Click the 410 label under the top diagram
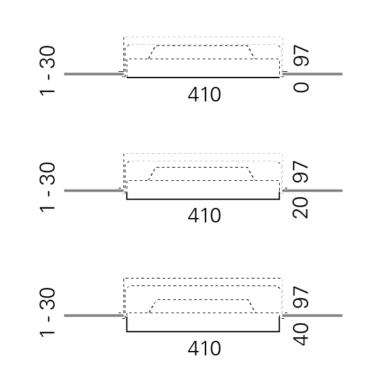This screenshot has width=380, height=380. [204, 95]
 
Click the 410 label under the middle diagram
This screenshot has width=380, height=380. [204, 216]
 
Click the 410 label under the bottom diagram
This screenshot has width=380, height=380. [204, 348]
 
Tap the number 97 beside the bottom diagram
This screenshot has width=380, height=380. [302, 297]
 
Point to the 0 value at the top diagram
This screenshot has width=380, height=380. [302, 86]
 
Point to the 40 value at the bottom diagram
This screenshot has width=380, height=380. [302, 333]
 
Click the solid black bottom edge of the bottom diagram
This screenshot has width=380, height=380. [203, 331]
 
